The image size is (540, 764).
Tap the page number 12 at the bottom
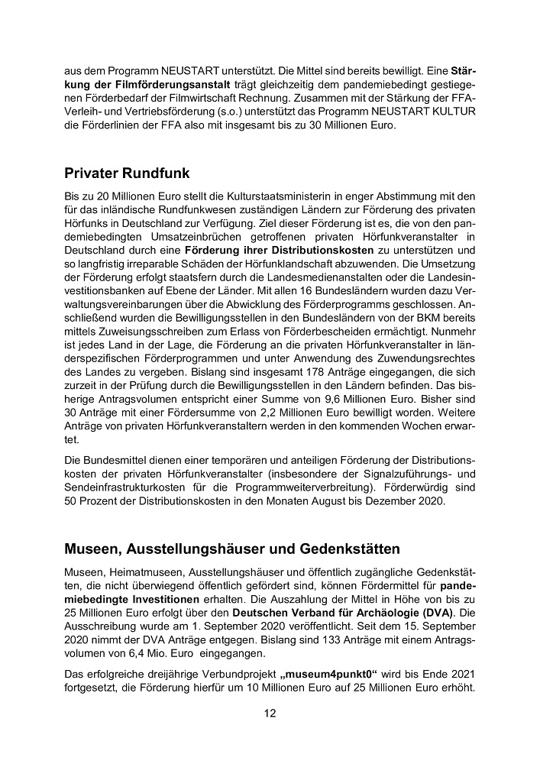coord(270,714)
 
